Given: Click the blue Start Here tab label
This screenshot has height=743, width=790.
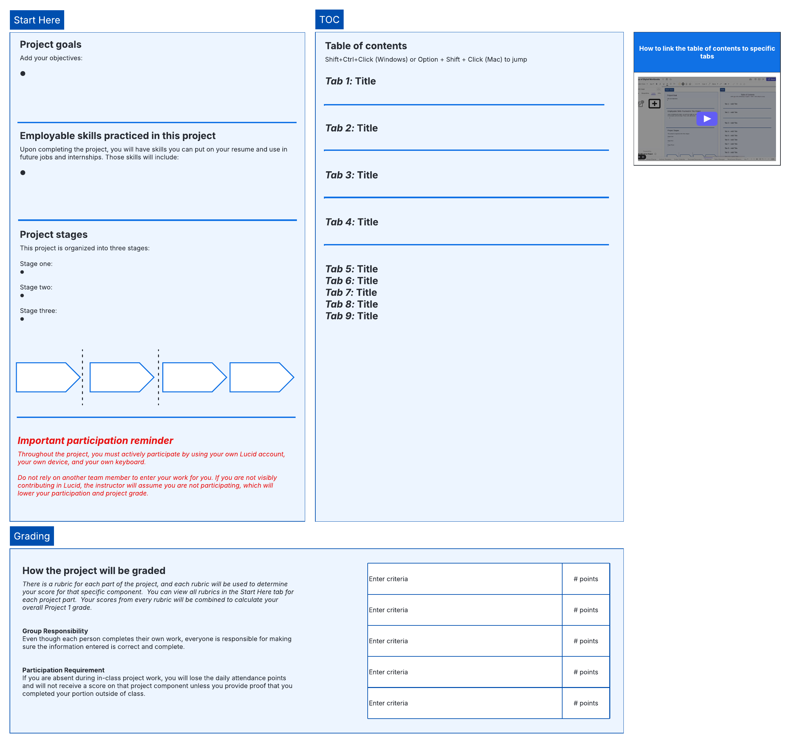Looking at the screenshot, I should pos(37,20).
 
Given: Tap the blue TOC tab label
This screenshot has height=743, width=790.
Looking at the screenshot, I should pos(329,19).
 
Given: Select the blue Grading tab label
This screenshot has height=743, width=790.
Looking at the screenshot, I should pos(32,536).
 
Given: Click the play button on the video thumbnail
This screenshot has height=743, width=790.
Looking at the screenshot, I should pos(706,119).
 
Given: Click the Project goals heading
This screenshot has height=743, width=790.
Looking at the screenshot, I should pos(50,44).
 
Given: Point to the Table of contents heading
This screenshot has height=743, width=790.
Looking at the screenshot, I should pos(366,46).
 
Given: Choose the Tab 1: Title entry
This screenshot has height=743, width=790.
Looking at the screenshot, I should pos(350,81).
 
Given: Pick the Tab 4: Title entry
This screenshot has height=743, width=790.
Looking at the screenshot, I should pos(351,222).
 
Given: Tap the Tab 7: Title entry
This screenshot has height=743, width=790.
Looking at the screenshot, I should pos(351,292).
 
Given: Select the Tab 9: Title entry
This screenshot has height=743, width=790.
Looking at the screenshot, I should pos(351,316).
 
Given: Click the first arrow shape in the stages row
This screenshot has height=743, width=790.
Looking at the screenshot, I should pos(47,377).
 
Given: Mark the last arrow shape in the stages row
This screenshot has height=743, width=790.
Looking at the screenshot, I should pos(261,377).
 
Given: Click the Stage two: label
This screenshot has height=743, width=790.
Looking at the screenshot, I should pos(36,287).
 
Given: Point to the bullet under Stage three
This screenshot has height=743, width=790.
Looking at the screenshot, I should pos(22,319).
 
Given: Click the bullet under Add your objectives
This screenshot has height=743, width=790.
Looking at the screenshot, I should pos(23,73).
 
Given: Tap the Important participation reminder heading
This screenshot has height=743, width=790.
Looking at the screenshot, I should pos(95,440).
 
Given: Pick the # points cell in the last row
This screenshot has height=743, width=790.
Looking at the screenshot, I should pos(585,703).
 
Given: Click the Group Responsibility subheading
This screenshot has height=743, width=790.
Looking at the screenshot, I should pos(55,631).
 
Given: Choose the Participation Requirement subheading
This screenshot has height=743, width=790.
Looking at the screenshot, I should pos(63,670).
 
